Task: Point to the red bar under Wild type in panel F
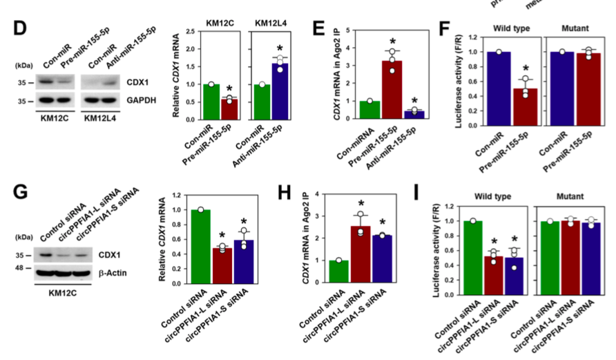525,107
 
